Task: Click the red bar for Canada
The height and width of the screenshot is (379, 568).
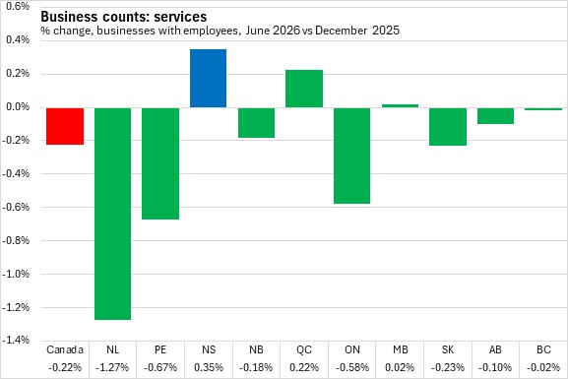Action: (x=65, y=126)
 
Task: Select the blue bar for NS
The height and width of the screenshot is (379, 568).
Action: (x=209, y=79)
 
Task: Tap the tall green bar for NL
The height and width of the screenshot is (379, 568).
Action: (x=112, y=214)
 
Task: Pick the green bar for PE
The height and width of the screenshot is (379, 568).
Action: (x=160, y=163)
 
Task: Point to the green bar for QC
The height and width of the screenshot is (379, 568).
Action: (x=304, y=89)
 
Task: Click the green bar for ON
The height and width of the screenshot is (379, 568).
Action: (x=351, y=156)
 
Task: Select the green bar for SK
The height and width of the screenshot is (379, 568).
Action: (x=448, y=127)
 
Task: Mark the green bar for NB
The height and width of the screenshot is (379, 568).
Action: (x=256, y=123)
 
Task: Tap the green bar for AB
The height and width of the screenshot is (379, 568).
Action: (x=495, y=116)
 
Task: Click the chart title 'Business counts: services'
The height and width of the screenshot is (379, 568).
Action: (x=124, y=17)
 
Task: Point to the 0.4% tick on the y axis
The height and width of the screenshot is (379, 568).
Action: (x=18, y=39)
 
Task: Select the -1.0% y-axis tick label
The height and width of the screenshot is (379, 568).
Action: (x=16, y=274)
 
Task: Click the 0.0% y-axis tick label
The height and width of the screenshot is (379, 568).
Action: (x=18, y=107)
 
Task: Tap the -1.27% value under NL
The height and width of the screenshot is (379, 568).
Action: (x=112, y=367)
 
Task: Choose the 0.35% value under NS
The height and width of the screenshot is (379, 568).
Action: (x=209, y=367)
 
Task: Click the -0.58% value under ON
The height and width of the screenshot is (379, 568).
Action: (x=352, y=367)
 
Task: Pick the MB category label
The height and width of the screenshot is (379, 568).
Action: (x=400, y=349)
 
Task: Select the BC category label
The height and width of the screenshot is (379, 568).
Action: (x=543, y=349)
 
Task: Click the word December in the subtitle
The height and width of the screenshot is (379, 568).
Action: (x=341, y=31)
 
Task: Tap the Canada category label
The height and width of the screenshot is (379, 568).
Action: (x=65, y=349)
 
